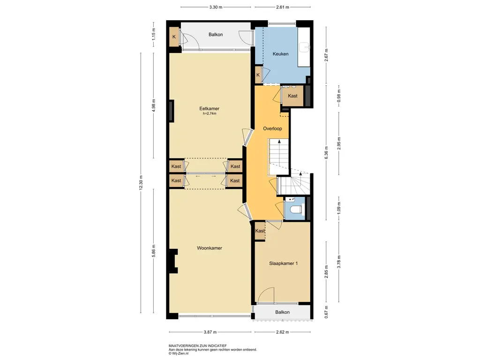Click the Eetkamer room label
point(209,108)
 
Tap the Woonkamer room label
point(210,248)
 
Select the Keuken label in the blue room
point(280,54)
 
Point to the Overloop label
point(272,128)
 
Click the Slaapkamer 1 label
point(284,263)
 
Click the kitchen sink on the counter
point(305,47)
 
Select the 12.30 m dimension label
point(141,183)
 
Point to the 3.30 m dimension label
point(216,7)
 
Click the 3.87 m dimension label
point(210,332)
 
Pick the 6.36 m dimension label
point(326,152)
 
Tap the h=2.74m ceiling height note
point(210,113)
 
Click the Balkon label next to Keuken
point(216,35)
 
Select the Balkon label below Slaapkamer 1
point(282,312)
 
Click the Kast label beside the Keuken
point(292,96)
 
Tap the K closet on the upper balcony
point(174,37)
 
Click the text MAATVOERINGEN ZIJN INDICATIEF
point(198,346)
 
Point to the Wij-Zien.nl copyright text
point(179,353)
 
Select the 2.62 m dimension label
point(282,332)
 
